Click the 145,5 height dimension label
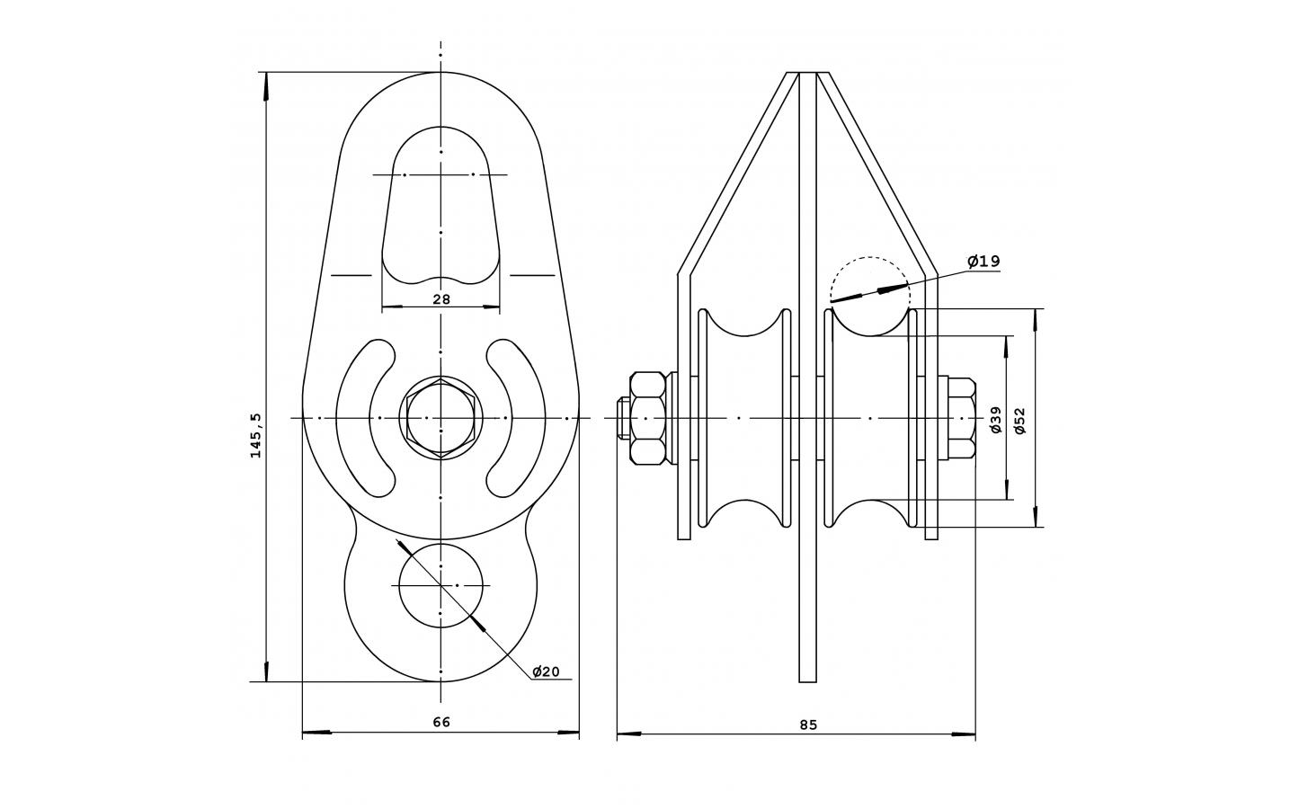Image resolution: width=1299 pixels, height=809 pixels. [256, 436]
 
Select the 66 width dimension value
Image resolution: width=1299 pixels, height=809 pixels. [441, 722]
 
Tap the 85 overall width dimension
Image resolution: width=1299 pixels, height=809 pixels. [808, 725]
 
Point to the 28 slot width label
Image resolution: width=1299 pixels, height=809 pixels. [441, 299]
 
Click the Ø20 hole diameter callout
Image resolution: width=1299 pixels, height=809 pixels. [546, 671]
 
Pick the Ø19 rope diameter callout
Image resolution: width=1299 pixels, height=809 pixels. [984, 262]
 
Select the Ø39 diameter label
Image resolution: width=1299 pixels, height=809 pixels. [996, 419]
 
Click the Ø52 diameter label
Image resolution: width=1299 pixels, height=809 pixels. [1020, 421]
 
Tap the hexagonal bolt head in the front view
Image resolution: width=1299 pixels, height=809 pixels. [441, 418]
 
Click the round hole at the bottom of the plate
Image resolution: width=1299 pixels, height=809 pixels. [441, 586]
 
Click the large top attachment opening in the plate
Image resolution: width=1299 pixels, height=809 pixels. [441, 206]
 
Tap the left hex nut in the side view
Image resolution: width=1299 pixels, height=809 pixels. [648, 418]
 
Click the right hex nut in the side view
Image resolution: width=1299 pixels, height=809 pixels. [962, 418]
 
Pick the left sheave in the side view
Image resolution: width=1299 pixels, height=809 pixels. [744, 418]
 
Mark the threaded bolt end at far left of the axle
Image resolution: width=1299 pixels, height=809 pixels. [623, 418]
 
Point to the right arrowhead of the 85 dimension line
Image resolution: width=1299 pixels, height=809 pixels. [963, 734]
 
